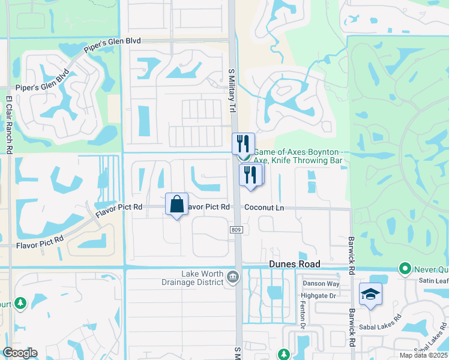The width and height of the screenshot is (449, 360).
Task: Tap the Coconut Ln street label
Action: [264, 208]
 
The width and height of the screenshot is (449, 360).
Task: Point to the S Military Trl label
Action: [231, 90]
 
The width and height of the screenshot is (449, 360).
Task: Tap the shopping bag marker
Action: [177, 204]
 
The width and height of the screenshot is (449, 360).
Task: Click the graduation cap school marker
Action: [370, 294]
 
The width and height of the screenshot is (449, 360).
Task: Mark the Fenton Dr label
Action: [303, 318]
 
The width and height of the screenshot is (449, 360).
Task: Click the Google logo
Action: [20, 353]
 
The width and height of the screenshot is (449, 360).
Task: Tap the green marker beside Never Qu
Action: [405, 268]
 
